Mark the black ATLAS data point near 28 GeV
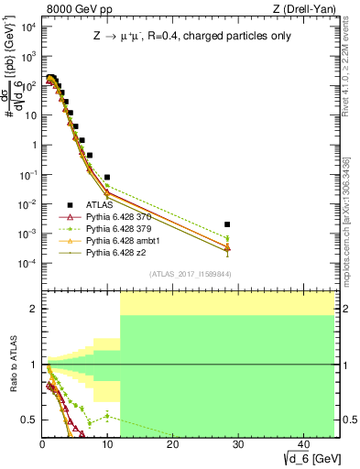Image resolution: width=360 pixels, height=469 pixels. coord(227,224)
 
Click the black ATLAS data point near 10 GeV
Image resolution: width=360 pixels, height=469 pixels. coord(107,177)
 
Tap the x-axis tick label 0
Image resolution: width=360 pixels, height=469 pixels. coord(42,444)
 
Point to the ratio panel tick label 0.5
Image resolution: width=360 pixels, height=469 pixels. coord(30,420)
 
